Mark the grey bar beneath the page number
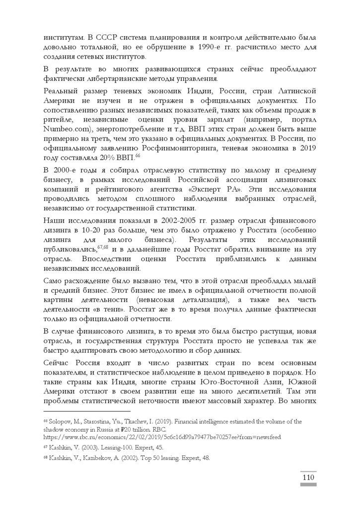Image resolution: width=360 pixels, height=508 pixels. pos(308,484)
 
